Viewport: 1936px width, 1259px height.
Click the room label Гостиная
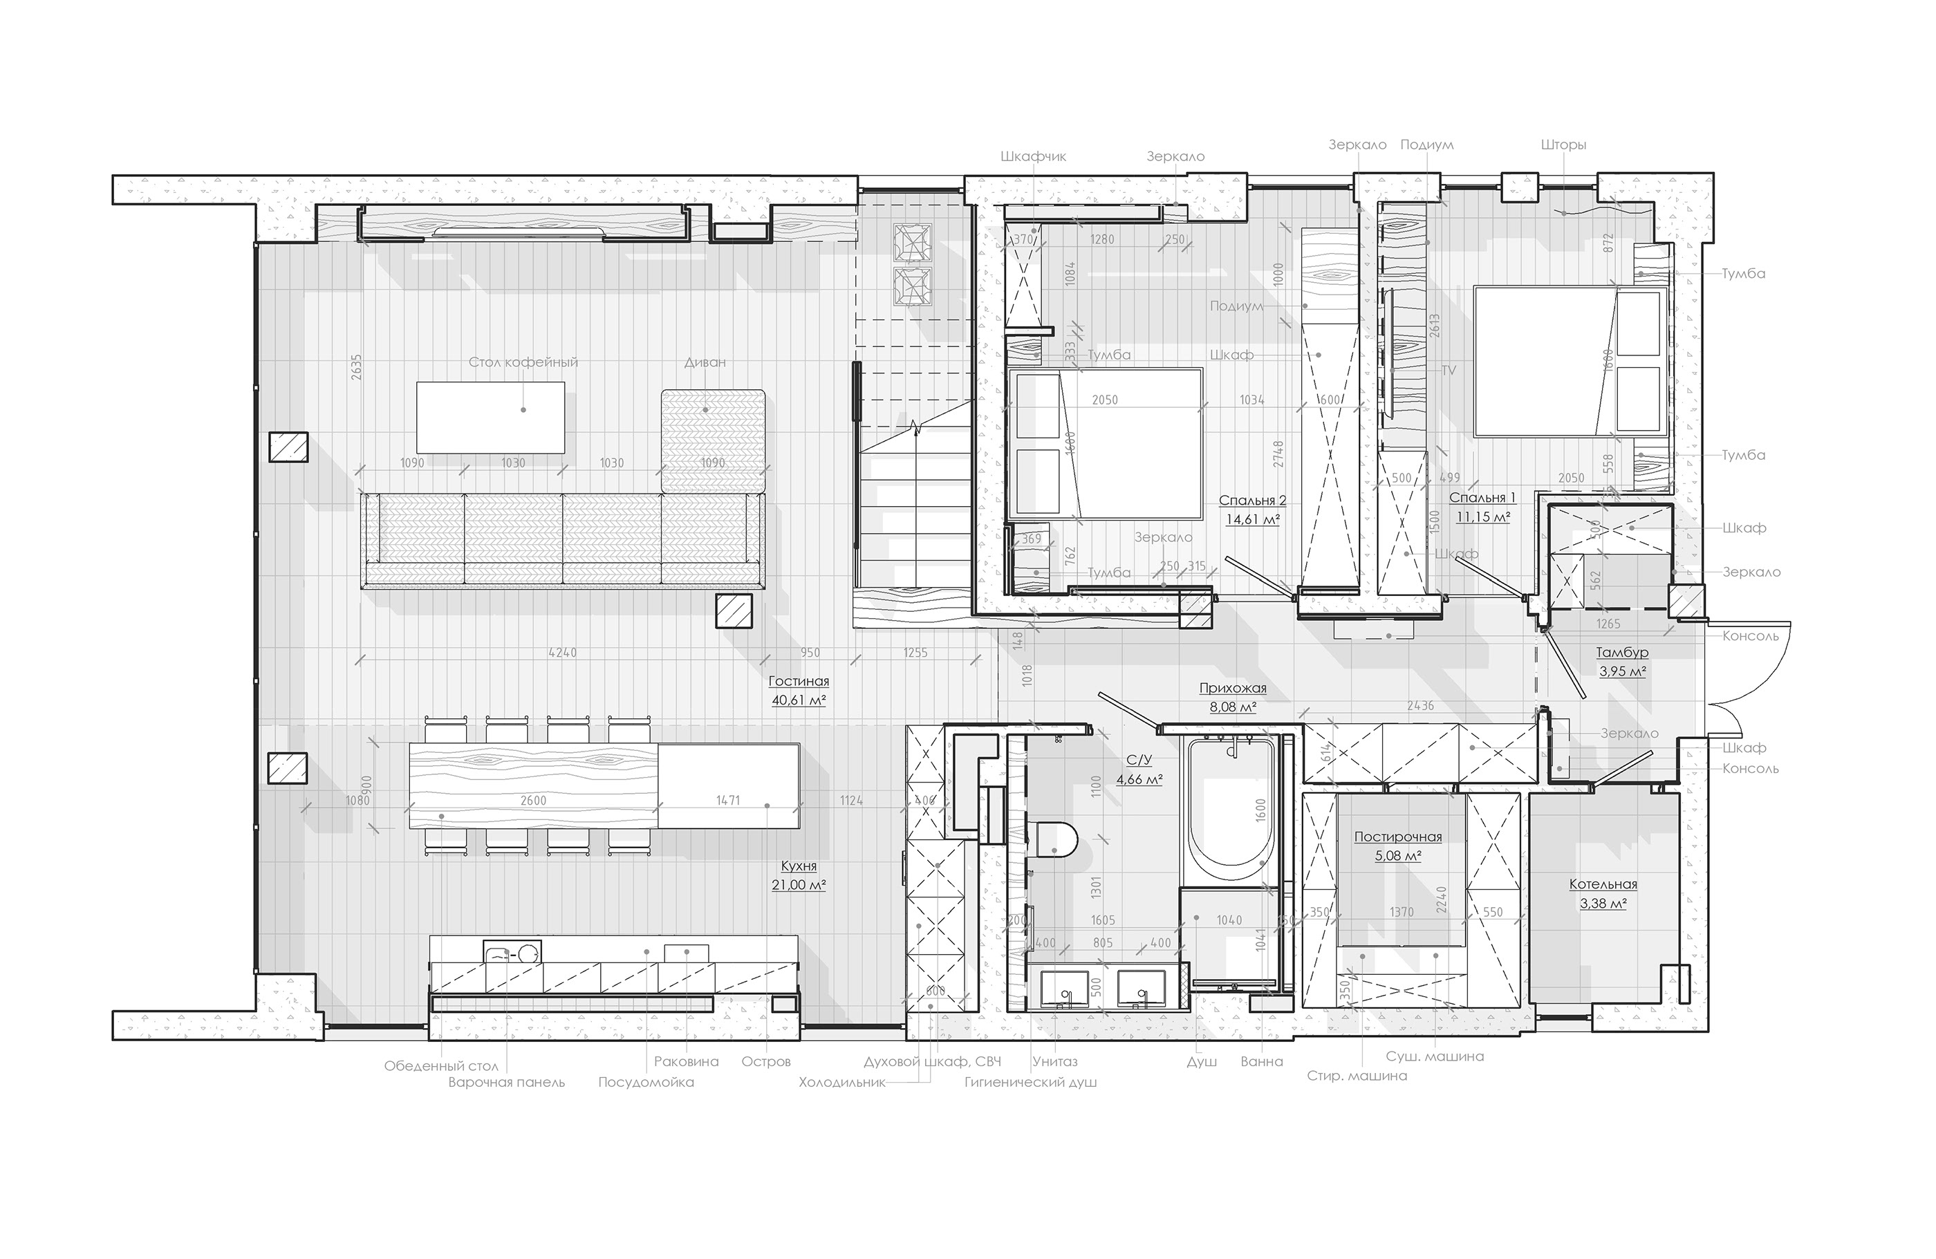tap(798, 682)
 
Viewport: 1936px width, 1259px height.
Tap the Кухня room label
tap(798, 866)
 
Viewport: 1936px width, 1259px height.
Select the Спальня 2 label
tap(1252, 501)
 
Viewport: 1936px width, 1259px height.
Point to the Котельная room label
tap(1603, 884)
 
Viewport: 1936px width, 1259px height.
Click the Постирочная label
tap(1397, 837)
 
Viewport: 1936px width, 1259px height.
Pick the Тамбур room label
tap(1622, 652)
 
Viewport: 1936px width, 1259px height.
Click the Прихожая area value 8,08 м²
tap(1232, 707)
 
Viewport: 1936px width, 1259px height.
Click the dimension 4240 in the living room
tap(562, 652)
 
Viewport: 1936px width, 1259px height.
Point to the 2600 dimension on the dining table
tap(533, 801)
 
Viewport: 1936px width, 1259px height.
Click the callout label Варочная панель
tap(506, 1083)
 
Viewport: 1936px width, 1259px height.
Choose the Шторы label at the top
tap(1563, 144)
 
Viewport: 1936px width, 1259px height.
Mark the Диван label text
tap(705, 362)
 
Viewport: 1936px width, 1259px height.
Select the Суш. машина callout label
tap(1435, 1056)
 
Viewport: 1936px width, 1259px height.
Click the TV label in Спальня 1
tap(1448, 370)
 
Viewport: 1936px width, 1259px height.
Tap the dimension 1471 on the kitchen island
tap(727, 801)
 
